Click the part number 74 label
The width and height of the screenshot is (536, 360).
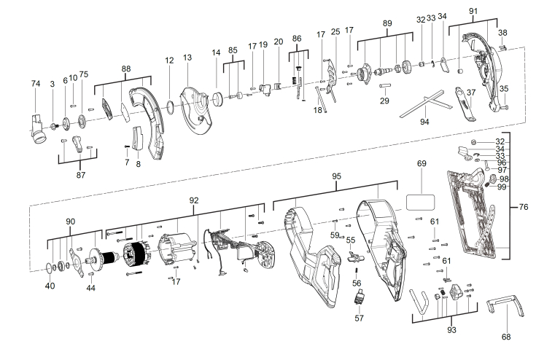pyautogui.click(x=35, y=85)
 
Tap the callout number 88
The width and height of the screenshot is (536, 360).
pyautogui.click(x=126, y=69)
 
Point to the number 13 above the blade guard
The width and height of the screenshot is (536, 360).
pyautogui.click(x=187, y=58)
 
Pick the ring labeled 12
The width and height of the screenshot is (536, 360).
pyautogui.click(x=169, y=106)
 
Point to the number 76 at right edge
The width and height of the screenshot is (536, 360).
pyautogui.click(x=523, y=208)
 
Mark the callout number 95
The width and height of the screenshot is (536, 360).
pyautogui.click(x=336, y=176)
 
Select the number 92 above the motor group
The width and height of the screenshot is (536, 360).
pyautogui.click(x=193, y=199)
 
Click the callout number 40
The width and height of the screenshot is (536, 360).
pyautogui.click(x=50, y=286)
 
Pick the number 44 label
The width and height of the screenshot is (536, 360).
pyautogui.click(x=90, y=289)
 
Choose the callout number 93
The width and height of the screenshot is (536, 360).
pyautogui.click(x=451, y=331)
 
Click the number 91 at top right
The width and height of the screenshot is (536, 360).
pyautogui.click(x=473, y=11)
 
